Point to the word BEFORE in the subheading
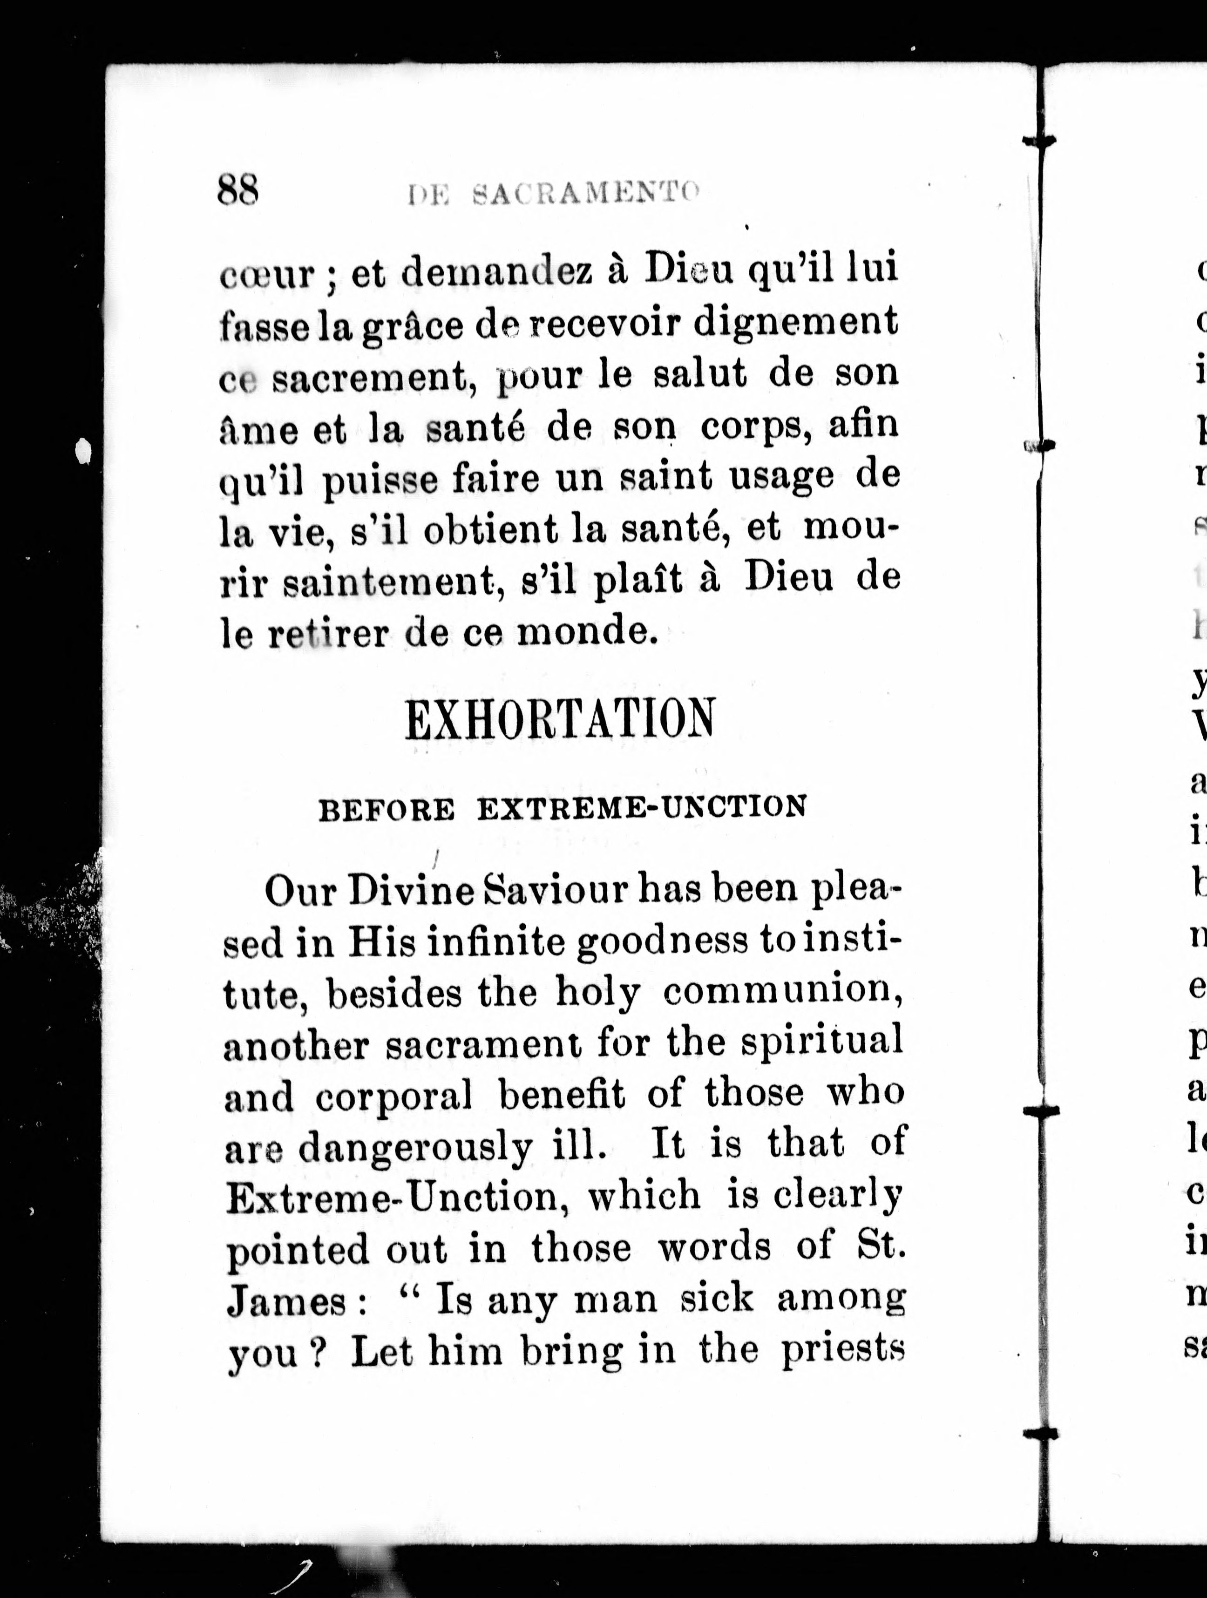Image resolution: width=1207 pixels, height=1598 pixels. point(387,810)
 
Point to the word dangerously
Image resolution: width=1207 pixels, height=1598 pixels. point(416,1149)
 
